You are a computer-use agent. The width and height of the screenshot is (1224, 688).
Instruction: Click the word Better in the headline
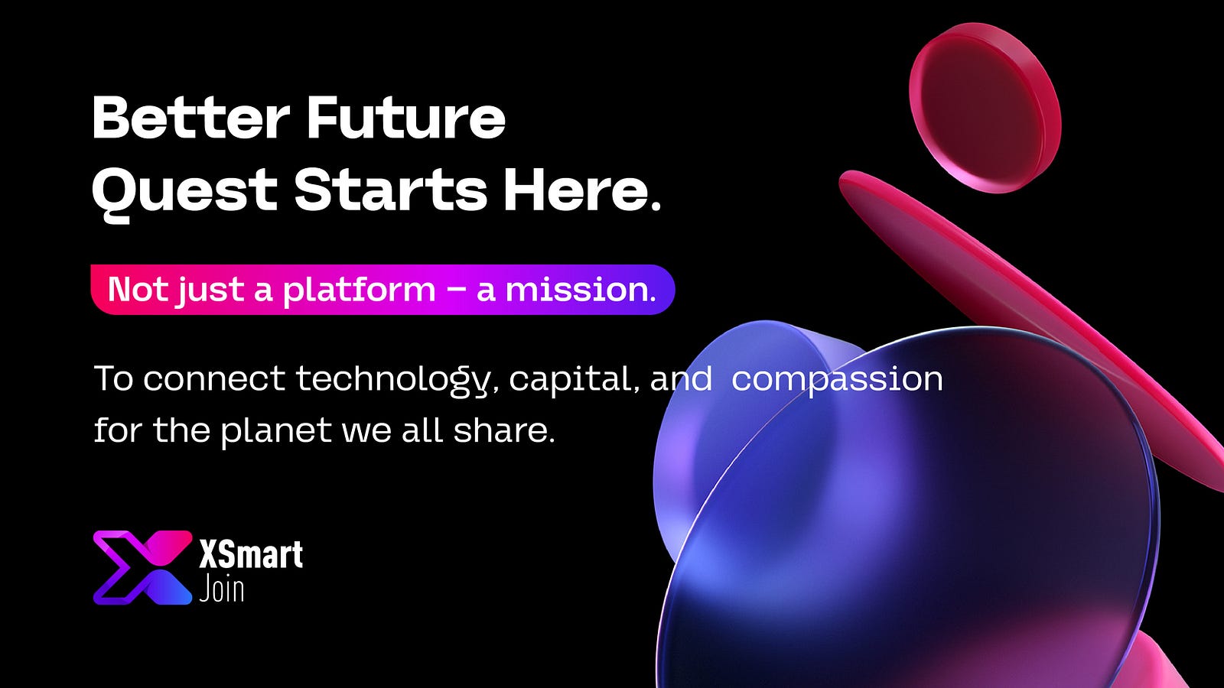click(x=191, y=118)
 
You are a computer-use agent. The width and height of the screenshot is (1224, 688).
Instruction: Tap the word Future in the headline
click(x=406, y=118)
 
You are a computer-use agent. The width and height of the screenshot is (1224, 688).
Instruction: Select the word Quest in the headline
click(x=184, y=192)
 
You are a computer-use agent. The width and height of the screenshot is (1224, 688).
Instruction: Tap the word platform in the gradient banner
click(x=359, y=290)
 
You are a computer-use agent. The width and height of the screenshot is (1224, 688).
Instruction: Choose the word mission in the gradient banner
click(x=580, y=289)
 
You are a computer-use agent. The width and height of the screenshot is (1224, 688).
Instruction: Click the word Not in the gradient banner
click(x=138, y=289)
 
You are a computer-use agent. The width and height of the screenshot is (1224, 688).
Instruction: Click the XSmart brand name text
click(x=251, y=554)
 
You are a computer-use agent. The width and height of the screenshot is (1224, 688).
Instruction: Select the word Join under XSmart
click(x=221, y=589)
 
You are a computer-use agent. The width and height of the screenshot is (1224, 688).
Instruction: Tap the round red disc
click(x=985, y=108)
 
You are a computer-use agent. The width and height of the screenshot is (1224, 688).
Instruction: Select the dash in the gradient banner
click(x=456, y=290)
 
